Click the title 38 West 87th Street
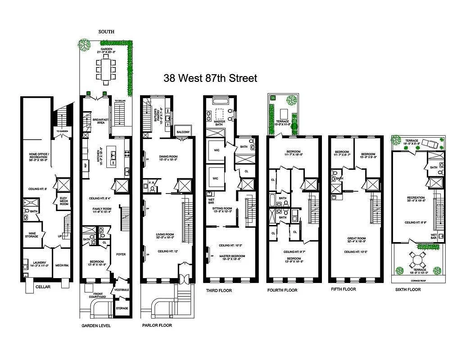click(210, 78)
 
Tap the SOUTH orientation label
click(106, 32)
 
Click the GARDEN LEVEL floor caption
click(96, 325)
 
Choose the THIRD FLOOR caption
click(219, 291)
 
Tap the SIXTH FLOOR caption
click(407, 290)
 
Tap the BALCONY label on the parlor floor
click(183, 131)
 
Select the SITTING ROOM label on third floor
click(223, 210)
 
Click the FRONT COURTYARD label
click(97, 296)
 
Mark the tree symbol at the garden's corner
click(84, 44)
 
